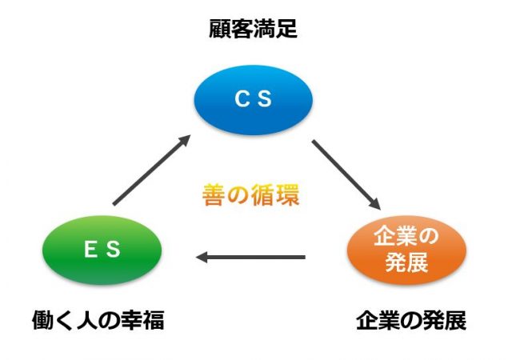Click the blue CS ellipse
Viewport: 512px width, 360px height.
pos(254,100)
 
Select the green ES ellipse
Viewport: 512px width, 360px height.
pos(102,250)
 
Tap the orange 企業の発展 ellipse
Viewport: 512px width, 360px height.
pos(406,250)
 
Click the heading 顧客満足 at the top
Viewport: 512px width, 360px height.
pos(253,29)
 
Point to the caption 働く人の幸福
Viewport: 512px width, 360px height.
pos(98,320)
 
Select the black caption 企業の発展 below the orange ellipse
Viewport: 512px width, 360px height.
pos(411,321)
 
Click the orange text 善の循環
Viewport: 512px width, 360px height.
pos(250,195)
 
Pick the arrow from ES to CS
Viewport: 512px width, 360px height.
pos(151,170)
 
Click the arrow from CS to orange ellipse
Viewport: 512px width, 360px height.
pos(346,174)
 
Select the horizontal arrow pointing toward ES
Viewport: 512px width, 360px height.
pos(250,257)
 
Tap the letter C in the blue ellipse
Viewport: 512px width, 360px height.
pos(242,98)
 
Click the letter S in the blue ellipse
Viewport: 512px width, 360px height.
pos(265,98)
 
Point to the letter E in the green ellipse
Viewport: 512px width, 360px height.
pos(90,249)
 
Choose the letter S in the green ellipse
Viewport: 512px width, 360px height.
pos(113,249)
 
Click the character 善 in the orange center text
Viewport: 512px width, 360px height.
pos(214,195)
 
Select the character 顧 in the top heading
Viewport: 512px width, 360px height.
pos(220,29)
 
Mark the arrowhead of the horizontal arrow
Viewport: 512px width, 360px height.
pos(202,257)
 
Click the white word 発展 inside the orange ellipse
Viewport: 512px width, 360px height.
pos(406,262)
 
